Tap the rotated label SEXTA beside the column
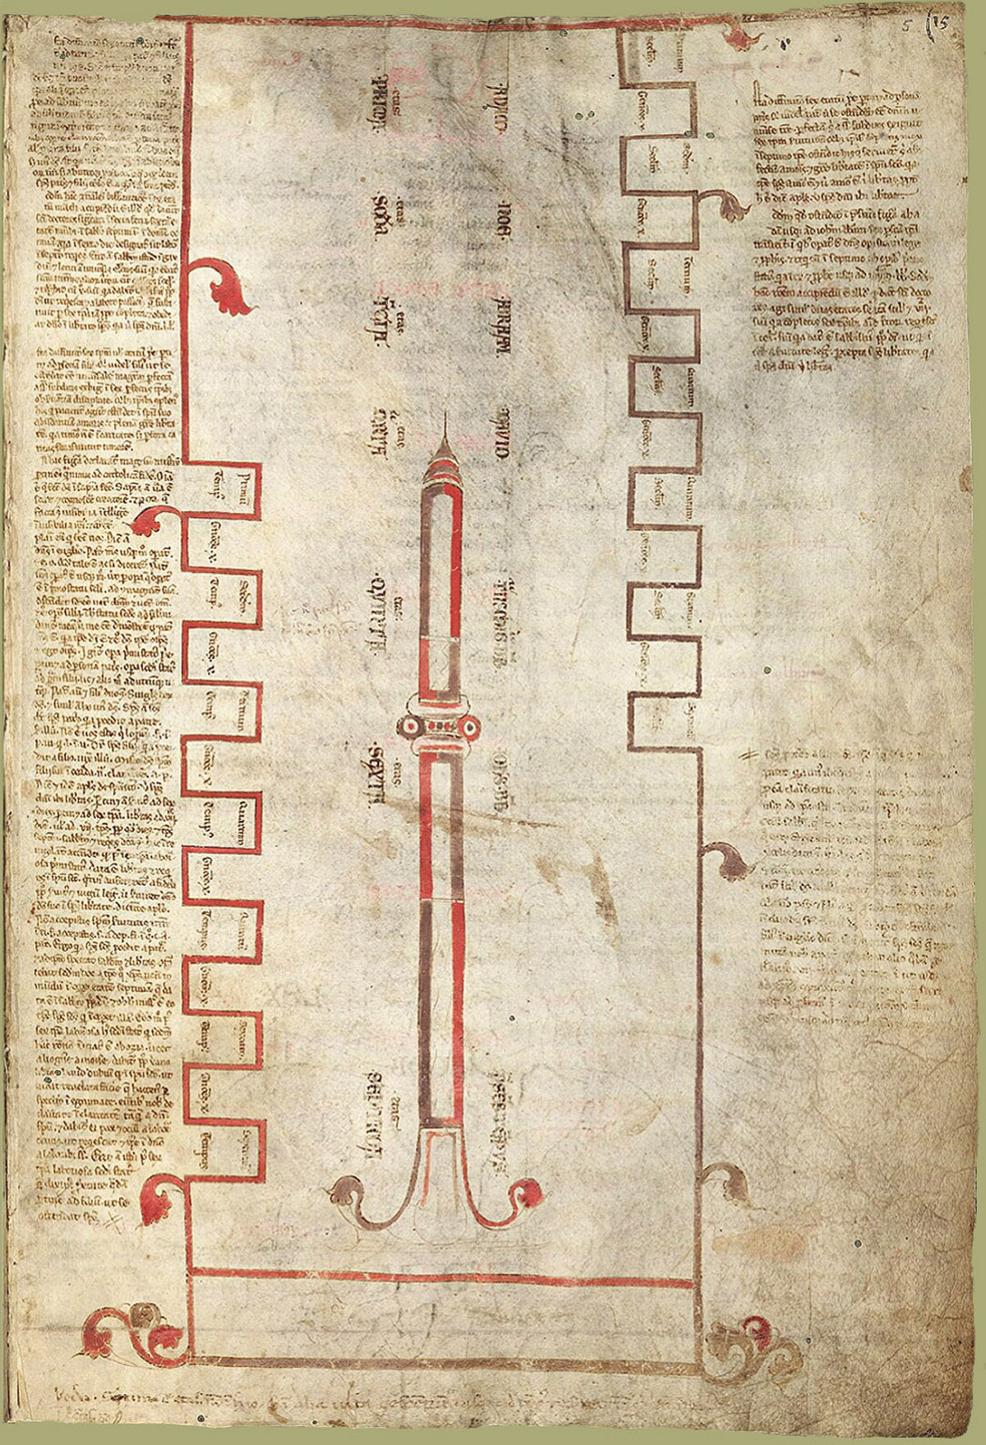pos(380,777)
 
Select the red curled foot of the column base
pos(528,1190)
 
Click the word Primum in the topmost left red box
pos(243,486)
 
